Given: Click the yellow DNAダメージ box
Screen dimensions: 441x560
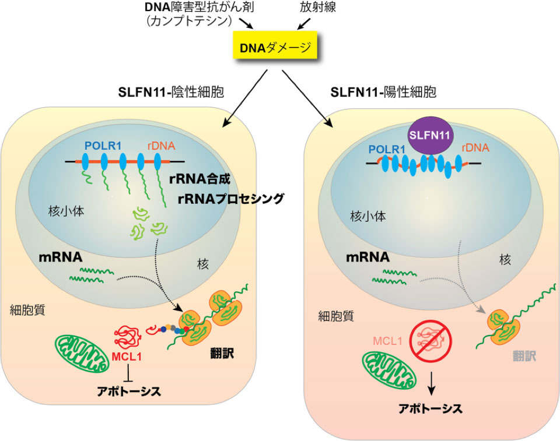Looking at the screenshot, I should (x=275, y=50).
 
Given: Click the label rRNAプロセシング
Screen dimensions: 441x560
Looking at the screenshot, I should (x=230, y=199).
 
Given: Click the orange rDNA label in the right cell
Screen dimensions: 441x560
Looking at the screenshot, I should (x=476, y=149).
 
